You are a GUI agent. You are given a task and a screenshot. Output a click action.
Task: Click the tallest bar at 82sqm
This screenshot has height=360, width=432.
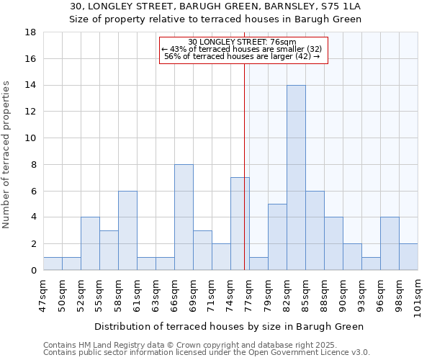pyautogui.click(x=296, y=178)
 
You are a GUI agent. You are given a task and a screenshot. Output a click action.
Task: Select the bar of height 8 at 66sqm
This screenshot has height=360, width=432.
pyautogui.click(x=184, y=217)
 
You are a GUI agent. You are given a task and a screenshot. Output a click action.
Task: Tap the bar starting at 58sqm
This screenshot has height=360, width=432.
pyautogui.click(x=127, y=230)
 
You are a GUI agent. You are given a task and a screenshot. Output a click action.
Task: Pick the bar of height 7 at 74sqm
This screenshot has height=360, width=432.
pyautogui.click(x=240, y=224)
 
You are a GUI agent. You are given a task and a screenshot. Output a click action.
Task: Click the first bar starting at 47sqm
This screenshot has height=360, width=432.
pyautogui.click(x=53, y=264)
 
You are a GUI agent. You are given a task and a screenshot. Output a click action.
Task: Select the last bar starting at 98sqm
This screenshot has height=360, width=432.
pyautogui.click(x=408, y=257)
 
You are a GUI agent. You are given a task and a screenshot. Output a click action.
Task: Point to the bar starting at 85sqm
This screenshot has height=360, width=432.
pyautogui.click(x=315, y=230)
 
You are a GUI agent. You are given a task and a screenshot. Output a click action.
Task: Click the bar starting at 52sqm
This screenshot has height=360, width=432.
pyautogui.click(x=90, y=243)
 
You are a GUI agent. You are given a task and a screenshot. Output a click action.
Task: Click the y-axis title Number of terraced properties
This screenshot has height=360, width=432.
pyautogui.click(x=7, y=155)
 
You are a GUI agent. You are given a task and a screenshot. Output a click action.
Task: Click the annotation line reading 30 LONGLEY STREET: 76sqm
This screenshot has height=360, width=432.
pyautogui.click(x=243, y=42)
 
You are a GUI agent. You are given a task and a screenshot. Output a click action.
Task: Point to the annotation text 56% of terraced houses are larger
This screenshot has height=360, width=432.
pyautogui.click(x=243, y=56)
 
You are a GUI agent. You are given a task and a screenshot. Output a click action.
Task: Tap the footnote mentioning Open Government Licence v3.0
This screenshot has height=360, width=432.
pyautogui.click(x=207, y=353)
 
